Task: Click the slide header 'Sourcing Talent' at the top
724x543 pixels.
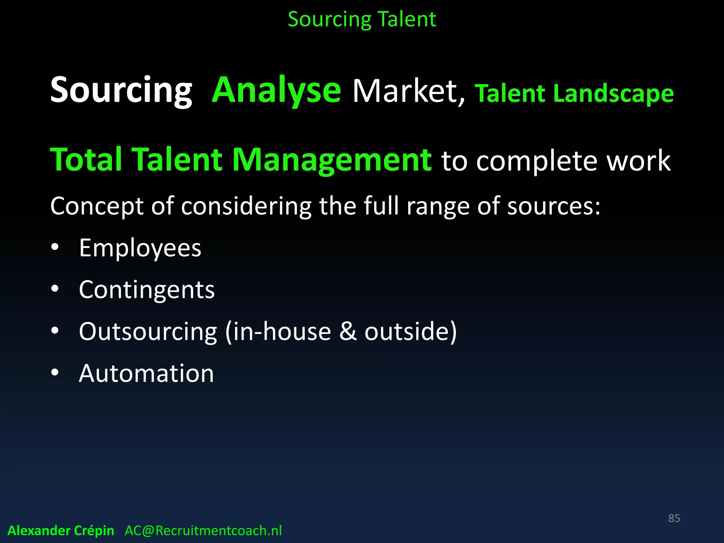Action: coord(362,19)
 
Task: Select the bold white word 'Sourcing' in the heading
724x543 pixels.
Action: coord(121,90)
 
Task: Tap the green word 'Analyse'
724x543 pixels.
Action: coord(276,90)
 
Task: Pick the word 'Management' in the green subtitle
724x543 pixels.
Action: coord(332,160)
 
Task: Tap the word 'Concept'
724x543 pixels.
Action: coord(97,206)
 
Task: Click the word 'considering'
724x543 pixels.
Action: coord(246,206)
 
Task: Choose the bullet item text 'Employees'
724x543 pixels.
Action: coord(140,248)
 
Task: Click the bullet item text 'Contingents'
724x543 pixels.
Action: coord(147,290)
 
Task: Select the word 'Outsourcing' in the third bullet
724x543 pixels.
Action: coord(148,332)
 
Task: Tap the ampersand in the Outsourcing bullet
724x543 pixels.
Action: coord(348,332)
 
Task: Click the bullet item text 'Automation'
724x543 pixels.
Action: coord(146,373)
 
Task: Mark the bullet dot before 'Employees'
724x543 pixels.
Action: coord(55,247)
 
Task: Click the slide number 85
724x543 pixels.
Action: coord(674,518)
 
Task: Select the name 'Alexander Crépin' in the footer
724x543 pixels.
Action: coord(61,531)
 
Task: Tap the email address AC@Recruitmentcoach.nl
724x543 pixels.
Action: coord(203,531)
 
